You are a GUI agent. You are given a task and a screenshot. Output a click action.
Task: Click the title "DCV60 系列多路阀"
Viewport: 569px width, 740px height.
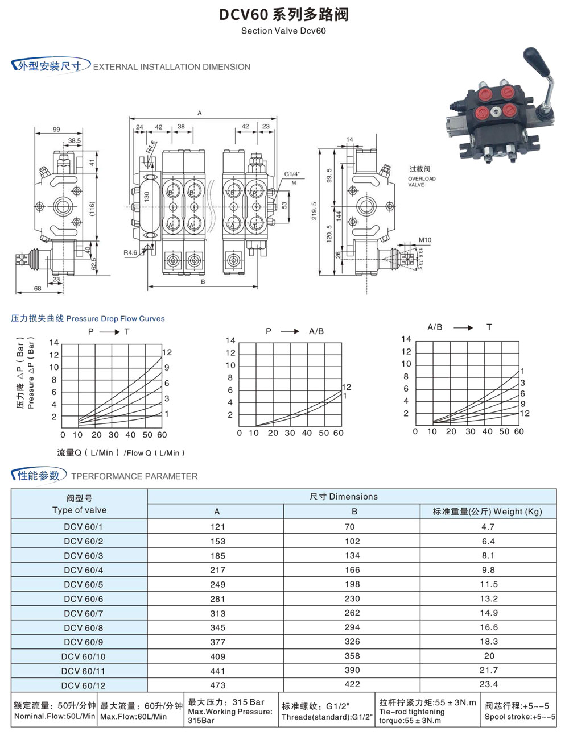284,14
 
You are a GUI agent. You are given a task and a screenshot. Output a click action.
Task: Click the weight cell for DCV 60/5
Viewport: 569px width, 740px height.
488,584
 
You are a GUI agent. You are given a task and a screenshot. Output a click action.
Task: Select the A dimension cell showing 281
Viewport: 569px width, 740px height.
217,599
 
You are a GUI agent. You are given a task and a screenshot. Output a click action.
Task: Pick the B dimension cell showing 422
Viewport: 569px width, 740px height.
352,685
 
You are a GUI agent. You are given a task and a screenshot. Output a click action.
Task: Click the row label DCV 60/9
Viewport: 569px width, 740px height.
84,642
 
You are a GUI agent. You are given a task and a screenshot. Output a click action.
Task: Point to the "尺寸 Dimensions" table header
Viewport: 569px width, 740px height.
344,497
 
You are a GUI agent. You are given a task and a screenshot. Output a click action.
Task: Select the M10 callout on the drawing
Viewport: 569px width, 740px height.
424,240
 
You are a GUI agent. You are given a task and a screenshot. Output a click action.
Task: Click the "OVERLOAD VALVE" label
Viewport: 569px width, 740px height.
422,181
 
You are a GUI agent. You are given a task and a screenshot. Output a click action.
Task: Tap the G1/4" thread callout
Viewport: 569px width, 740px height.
292,174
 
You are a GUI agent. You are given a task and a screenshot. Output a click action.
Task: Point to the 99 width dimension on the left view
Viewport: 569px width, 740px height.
56,130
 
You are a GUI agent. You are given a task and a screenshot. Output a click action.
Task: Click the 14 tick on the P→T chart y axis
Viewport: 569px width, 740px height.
54,343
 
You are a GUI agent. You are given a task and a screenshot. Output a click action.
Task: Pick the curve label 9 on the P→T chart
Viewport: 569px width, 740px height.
167,368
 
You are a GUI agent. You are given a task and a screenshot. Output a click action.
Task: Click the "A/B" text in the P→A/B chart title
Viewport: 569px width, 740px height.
316,331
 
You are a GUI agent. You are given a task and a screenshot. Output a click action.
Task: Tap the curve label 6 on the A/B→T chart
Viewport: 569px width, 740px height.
522,393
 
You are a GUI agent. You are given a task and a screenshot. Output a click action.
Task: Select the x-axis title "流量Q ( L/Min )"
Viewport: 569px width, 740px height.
88,453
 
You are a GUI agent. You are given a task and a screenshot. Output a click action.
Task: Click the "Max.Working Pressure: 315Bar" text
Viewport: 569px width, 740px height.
230,716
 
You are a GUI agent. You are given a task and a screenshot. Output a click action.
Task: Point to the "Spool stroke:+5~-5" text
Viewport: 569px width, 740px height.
519,717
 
